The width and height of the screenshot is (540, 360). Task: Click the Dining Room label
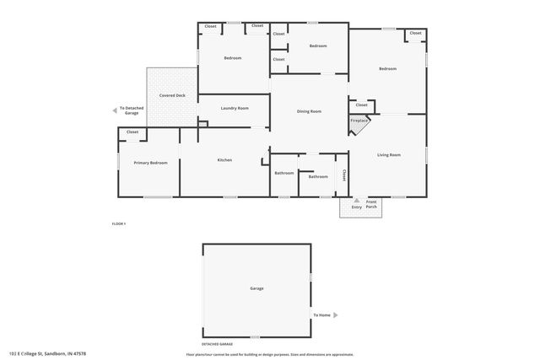(309, 111)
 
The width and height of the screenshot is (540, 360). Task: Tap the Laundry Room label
(235, 108)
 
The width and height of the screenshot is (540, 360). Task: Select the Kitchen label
(224, 159)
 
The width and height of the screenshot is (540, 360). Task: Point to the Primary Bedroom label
(150, 162)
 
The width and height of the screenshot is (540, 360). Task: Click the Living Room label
(388, 154)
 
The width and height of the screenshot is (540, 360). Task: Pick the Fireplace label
(359, 121)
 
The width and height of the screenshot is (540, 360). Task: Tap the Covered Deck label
(172, 95)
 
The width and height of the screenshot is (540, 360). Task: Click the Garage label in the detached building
(256, 288)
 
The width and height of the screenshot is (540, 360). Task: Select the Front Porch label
(371, 204)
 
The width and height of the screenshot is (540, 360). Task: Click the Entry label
(356, 207)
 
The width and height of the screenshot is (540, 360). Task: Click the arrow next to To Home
(335, 314)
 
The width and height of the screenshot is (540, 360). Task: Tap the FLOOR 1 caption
(119, 223)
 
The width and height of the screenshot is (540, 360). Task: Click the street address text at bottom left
(48, 353)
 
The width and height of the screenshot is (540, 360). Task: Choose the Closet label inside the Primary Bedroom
(132, 132)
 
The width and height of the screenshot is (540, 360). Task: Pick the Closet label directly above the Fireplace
(361, 105)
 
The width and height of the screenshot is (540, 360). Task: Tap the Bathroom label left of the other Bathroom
(284, 173)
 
